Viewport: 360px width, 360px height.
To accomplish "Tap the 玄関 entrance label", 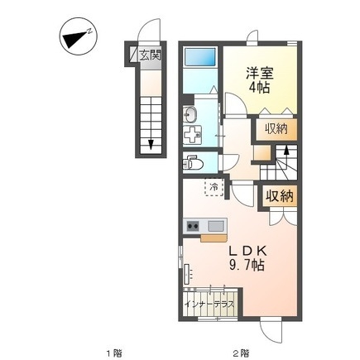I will pos(149,56).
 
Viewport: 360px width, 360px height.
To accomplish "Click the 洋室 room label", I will pos(257,73).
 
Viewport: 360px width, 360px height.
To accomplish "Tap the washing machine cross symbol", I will pos(193,135).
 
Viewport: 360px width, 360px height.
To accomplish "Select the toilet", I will pos(190,161).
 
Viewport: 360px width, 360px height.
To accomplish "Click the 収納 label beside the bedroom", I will pos(276,129).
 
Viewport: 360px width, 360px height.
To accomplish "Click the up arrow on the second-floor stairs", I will pos(286,151).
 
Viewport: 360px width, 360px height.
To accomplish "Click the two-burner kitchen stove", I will pos(194,225).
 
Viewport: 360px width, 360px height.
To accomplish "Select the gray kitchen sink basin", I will pos(215,225).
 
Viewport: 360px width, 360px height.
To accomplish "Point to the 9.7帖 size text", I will pos(247,266).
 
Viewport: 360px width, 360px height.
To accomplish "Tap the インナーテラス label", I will pos(211,305).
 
